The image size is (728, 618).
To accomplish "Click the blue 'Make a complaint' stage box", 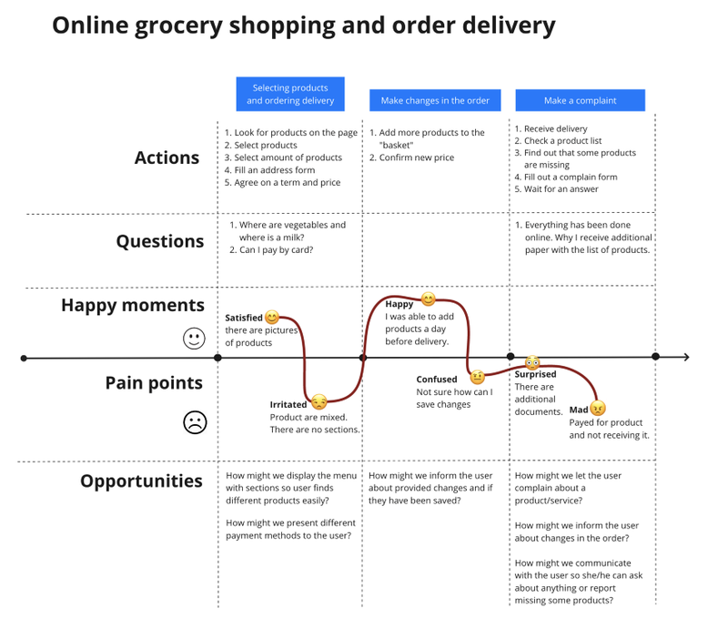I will pos(580,100).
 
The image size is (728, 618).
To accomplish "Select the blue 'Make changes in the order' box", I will pos(435,100).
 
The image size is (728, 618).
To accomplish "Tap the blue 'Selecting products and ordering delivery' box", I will pos(290,95).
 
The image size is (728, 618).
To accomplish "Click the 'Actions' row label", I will pos(167,157).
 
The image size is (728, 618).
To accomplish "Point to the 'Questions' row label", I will pos(159,241).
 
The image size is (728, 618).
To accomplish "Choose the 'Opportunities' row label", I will pos(141,481).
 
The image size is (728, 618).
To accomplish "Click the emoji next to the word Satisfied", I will pos(272,317).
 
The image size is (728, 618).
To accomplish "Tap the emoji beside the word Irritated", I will pos(318,401).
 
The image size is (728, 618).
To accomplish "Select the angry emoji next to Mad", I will pos(598,408).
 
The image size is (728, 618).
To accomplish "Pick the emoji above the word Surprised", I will pos(532,363).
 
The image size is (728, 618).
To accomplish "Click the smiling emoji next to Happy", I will pos(428,299).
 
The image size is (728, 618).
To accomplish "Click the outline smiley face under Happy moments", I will pos(194,339).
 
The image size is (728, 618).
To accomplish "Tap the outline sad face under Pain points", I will pos(195,422).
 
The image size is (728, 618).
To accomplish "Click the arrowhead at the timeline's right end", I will pos(685,358).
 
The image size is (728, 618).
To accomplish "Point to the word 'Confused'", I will pos(437,380).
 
